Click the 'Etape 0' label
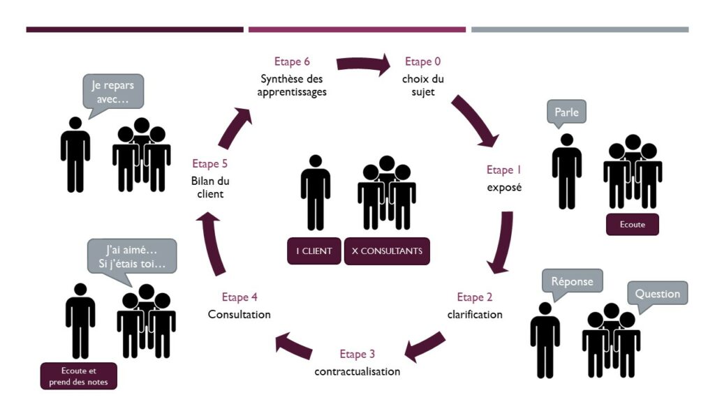(422, 62)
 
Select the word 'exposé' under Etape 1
(504, 187)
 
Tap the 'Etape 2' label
(474, 297)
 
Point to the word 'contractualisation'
(357, 371)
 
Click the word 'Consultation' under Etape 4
(239, 315)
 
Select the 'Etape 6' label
(293, 61)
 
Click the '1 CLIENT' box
(314, 251)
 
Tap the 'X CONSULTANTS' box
(387, 251)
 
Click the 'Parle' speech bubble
(566, 112)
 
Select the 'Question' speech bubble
(657, 293)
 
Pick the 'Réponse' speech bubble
(572, 281)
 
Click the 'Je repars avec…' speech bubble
(113, 91)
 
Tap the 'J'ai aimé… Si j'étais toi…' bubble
(132, 256)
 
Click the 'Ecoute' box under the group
(632, 225)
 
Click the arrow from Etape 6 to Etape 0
(363, 66)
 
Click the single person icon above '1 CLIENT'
(315, 192)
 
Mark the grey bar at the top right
(580, 29)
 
